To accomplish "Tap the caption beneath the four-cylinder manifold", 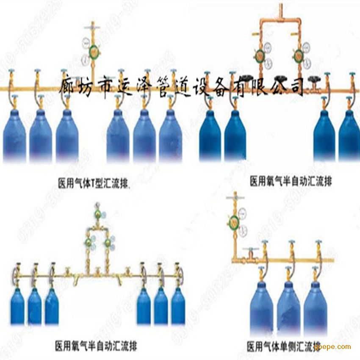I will (x=291, y=182).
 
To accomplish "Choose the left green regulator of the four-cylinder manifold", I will (x=258, y=55).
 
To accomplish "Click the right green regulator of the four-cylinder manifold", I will (x=299, y=55).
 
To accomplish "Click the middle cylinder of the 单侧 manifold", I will (x=288, y=307).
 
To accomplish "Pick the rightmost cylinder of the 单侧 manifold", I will (x=315, y=307).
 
